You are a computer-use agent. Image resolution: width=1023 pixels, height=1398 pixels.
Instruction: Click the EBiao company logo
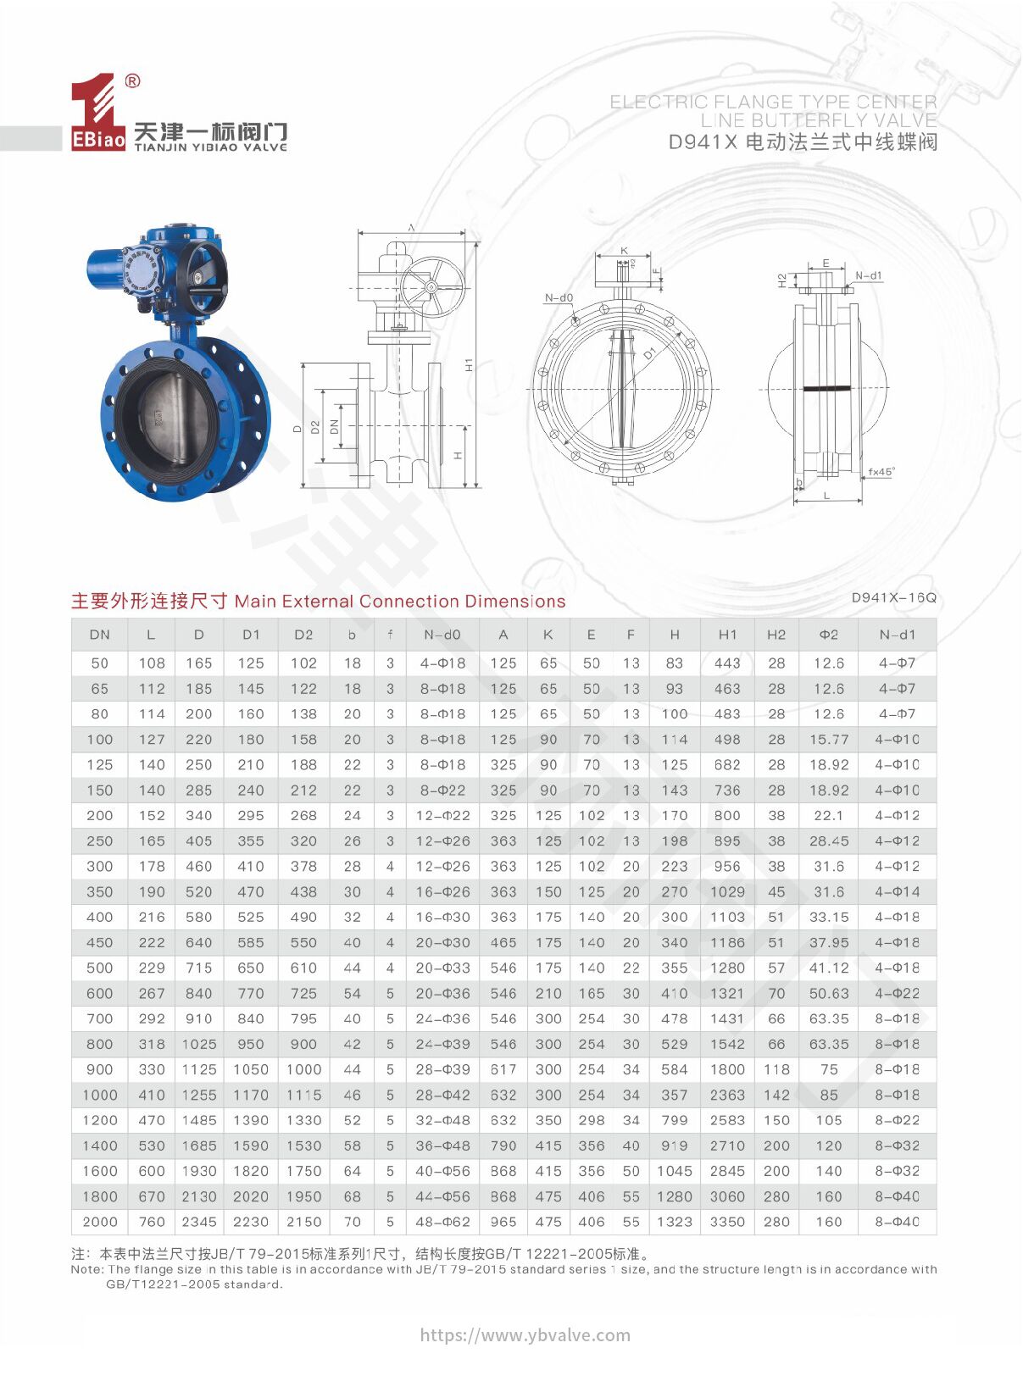coord(97,114)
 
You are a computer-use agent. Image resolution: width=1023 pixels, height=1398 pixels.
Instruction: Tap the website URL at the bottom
coord(525,1335)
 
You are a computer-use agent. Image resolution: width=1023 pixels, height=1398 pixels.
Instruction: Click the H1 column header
coord(727,635)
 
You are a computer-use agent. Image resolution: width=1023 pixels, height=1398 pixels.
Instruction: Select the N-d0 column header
coord(442,635)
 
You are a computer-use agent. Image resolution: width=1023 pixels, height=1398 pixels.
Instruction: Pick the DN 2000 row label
coord(100,1222)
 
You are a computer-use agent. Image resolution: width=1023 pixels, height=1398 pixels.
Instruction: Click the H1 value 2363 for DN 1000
coord(727,1095)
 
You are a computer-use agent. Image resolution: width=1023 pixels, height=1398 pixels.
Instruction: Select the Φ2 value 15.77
coord(828,740)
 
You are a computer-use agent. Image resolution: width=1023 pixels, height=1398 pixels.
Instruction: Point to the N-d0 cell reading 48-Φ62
coord(442,1222)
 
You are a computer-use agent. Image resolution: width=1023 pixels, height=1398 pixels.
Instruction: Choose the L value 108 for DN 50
coord(152,663)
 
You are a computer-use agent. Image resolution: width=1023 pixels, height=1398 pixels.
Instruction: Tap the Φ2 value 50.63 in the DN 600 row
coord(828,993)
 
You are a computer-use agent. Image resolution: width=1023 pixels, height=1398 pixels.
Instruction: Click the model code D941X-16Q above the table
coord(893,598)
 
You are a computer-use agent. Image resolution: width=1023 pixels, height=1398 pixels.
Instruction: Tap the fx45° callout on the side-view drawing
coord(881,472)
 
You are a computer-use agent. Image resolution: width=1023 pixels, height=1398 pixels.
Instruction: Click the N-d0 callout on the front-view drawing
coord(559,298)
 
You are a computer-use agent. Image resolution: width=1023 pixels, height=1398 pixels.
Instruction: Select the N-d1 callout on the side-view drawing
coord(868,276)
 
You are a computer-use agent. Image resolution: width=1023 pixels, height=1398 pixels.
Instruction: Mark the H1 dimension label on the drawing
coord(469,364)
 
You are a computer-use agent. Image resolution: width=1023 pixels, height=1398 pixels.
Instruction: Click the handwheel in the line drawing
coord(432,286)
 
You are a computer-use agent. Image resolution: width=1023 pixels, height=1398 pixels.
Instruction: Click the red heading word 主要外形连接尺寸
coord(149,602)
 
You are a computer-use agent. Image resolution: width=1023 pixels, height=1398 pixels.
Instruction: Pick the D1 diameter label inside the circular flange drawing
coord(650,352)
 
